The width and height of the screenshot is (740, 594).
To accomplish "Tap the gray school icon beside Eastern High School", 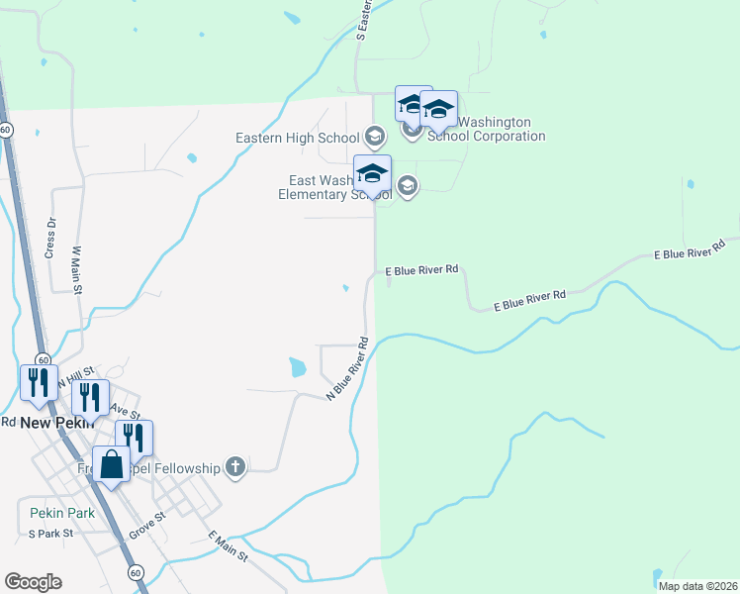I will pos(374,136).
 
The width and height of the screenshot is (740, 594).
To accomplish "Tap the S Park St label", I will pos(50,534).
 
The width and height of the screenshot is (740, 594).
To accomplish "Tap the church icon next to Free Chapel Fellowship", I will pos(235,466).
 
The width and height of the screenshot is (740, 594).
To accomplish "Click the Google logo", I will pos(33,582).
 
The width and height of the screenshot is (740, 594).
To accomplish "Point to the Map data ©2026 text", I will pos(697,586).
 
